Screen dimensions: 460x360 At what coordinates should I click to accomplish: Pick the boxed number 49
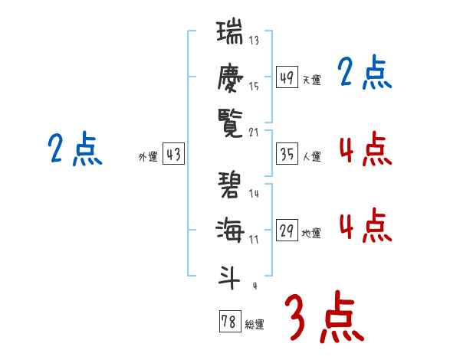[287, 77]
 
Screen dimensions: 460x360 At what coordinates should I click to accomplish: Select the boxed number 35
[287, 155]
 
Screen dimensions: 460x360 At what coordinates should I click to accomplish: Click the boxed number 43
[174, 155]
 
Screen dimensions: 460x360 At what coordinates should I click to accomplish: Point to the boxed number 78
[229, 322]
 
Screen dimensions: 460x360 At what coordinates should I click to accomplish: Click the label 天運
[312, 80]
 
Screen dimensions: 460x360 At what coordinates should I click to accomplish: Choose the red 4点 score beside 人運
[365, 149]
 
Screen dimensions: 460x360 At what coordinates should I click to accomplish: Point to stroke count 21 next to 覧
[254, 131]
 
